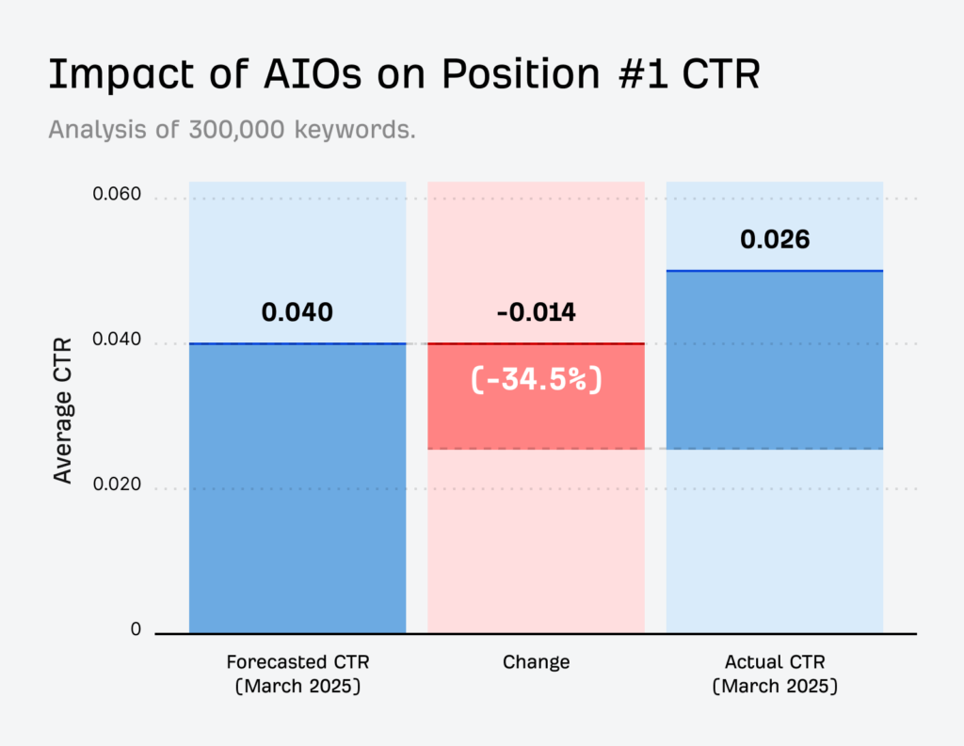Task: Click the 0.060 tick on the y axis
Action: [x=117, y=196]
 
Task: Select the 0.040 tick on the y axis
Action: [x=117, y=341]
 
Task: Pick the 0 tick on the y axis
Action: [x=136, y=630]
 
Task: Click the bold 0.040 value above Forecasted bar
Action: [x=297, y=312]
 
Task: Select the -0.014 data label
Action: [x=536, y=312]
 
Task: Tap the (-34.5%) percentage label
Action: [x=536, y=381]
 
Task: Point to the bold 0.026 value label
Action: [x=775, y=239]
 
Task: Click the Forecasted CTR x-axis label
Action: [x=297, y=674]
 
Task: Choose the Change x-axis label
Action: [x=536, y=662]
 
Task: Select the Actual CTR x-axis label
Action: [x=775, y=674]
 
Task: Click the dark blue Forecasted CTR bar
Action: [x=297, y=489]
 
